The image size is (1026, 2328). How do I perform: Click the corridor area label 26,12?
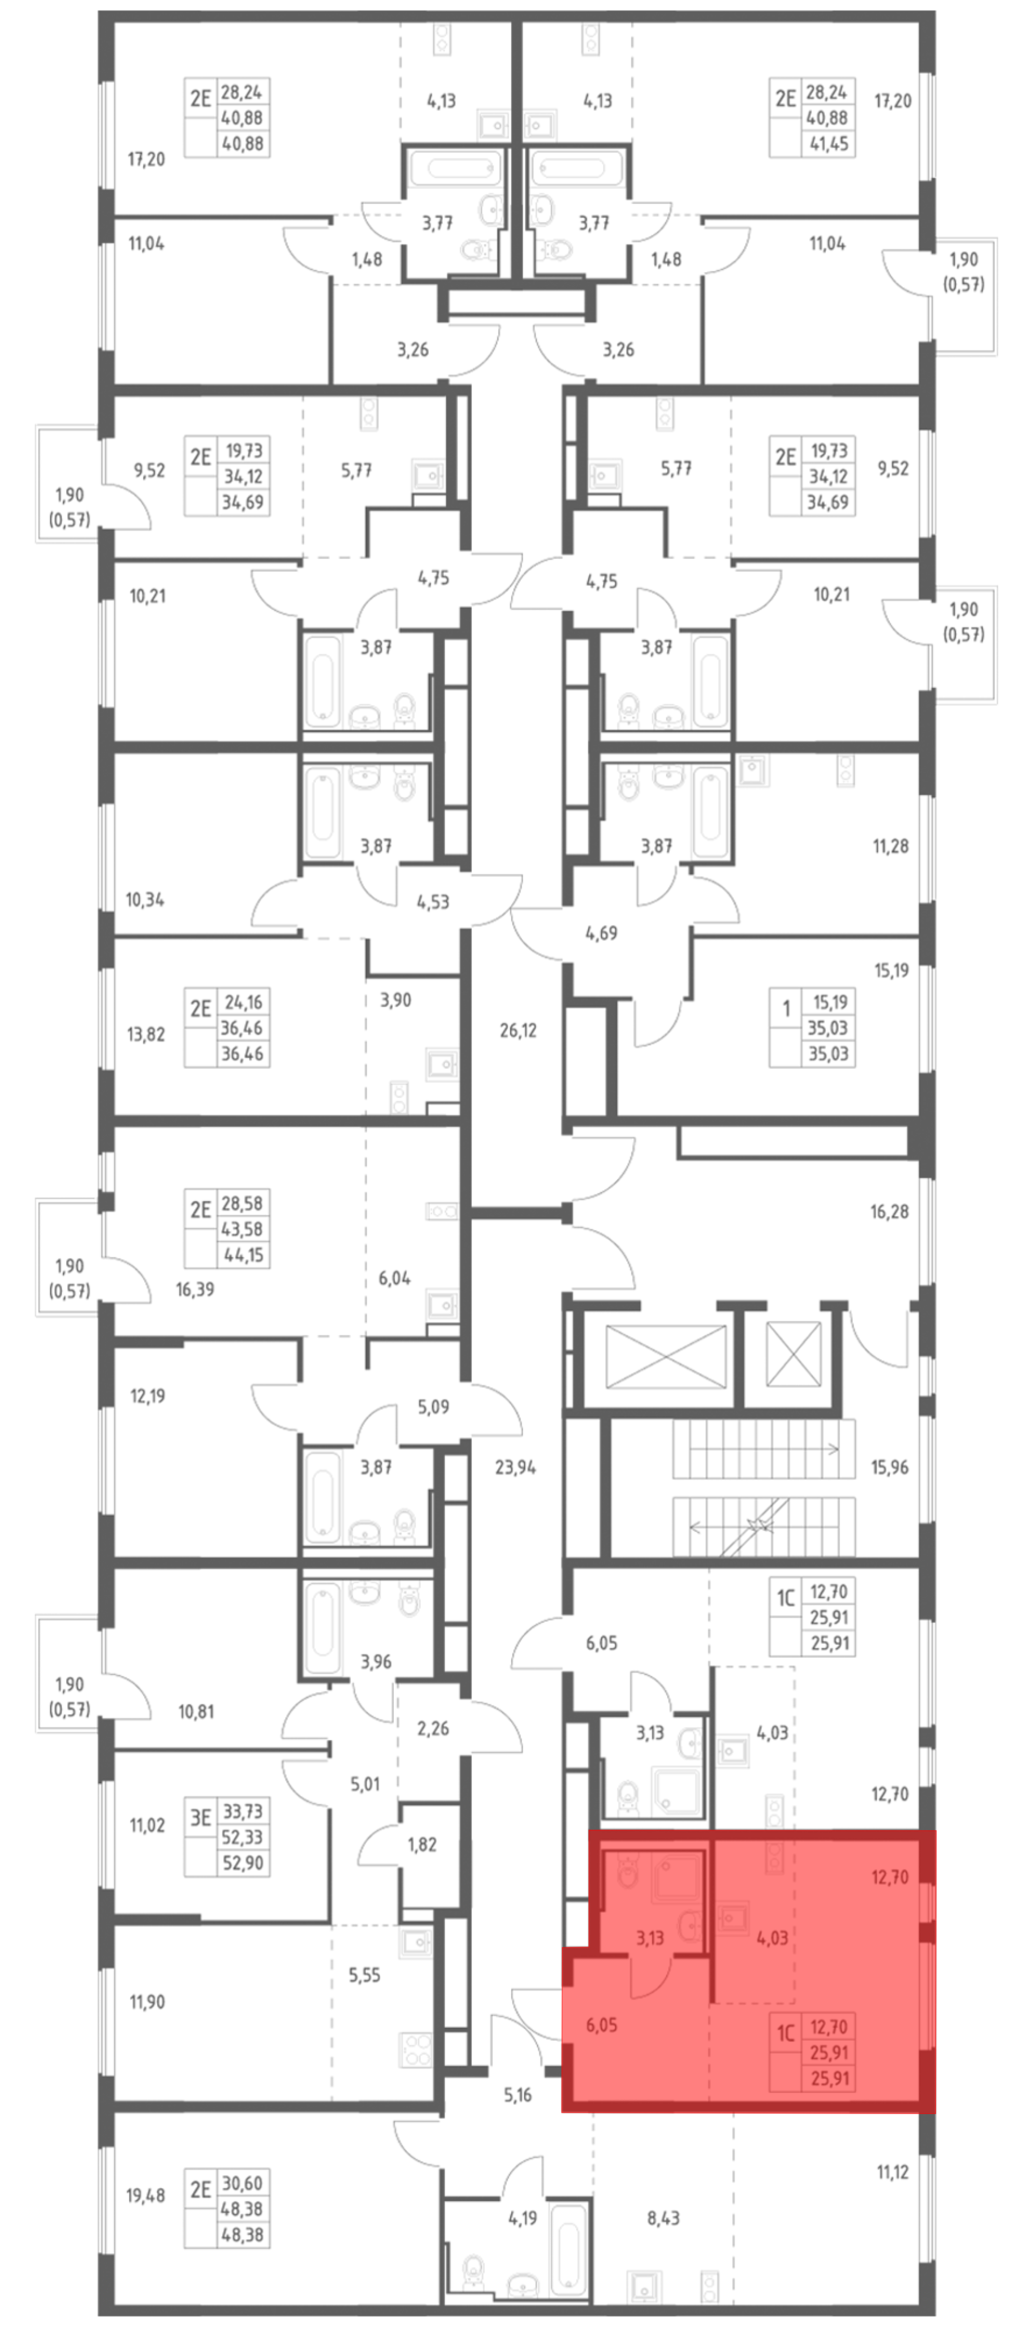(x=518, y=1030)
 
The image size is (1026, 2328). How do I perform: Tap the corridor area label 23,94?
(x=515, y=1468)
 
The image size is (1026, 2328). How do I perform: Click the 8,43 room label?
(x=663, y=2218)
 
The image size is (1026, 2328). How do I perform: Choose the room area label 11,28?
(x=891, y=847)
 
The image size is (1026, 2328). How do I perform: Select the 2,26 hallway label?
(x=433, y=1728)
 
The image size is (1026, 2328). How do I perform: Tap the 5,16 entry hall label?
(x=518, y=2095)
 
